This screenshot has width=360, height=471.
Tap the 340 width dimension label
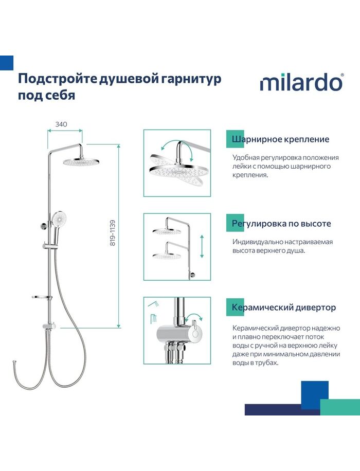[61, 124]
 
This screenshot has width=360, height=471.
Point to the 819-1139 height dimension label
[113, 233]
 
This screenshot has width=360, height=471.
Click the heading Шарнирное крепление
[280, 139]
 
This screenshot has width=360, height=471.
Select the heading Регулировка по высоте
[281, 223]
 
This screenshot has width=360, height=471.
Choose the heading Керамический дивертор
[284, 307]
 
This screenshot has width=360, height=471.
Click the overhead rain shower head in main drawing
[81, 162]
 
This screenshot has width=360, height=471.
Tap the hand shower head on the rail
[59, 219]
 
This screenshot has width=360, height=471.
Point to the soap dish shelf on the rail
[42, 297]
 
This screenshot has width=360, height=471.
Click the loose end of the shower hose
[14, 361]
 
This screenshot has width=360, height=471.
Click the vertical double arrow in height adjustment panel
[202, 246]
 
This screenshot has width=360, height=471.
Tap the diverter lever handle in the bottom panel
[194, 327]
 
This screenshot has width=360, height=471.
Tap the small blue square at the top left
[7, 63]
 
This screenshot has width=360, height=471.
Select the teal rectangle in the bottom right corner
[340, 407]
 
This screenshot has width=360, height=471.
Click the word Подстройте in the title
[58, 79]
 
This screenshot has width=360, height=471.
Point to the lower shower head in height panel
[167, 256]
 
